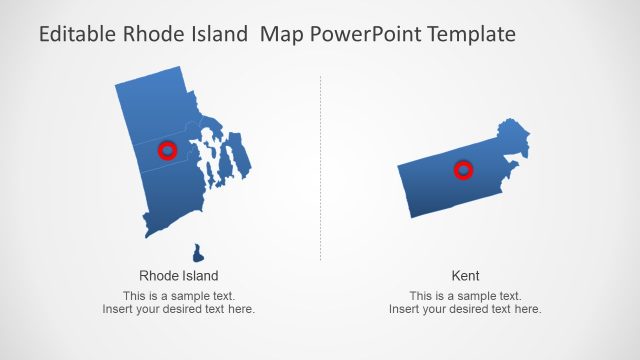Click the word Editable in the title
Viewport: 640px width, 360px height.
click(x=77, y=35)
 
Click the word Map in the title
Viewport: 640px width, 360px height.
click(x=279, y=35)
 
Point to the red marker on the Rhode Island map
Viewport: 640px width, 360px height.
click(x=168, y=151)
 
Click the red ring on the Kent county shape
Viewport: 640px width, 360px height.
click(x=463, y=171)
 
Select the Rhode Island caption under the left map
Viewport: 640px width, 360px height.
click(x=178, y=275)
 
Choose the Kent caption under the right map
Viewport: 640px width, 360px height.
click(x=465, y=275)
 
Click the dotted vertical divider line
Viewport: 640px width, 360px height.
click(x=320, y=170)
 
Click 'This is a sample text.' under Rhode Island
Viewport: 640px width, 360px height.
click(x=178, y=296)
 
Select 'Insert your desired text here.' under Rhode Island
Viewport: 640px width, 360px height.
click(x=178, y=309)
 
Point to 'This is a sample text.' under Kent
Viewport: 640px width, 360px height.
click(x=465, y=296)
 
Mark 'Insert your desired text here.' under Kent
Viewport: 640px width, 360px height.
click(x=465, y=309)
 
